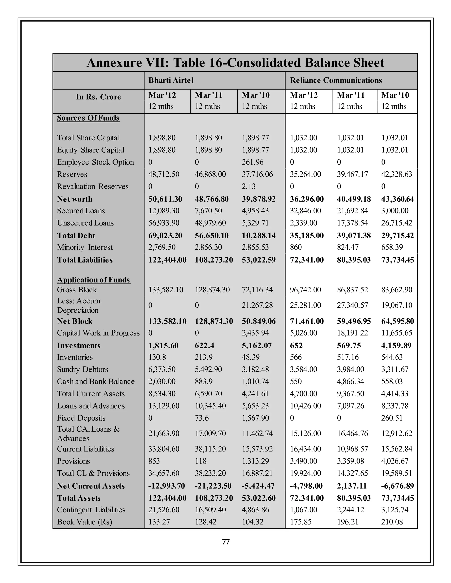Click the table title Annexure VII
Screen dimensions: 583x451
235,63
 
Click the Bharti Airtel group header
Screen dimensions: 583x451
171,80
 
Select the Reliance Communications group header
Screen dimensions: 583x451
336,80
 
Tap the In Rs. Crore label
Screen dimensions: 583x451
98,97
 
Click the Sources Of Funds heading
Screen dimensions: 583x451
89,118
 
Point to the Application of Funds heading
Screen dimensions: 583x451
94,280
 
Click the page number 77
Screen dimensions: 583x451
226,542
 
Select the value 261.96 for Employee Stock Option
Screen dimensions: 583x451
253,162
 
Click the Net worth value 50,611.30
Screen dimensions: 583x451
165,199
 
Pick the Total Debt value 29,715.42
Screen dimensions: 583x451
397,236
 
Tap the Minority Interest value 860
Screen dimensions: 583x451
296,247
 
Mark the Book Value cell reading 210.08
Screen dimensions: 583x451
392,522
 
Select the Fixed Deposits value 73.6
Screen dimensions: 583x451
202,418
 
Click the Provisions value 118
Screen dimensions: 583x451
201,461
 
